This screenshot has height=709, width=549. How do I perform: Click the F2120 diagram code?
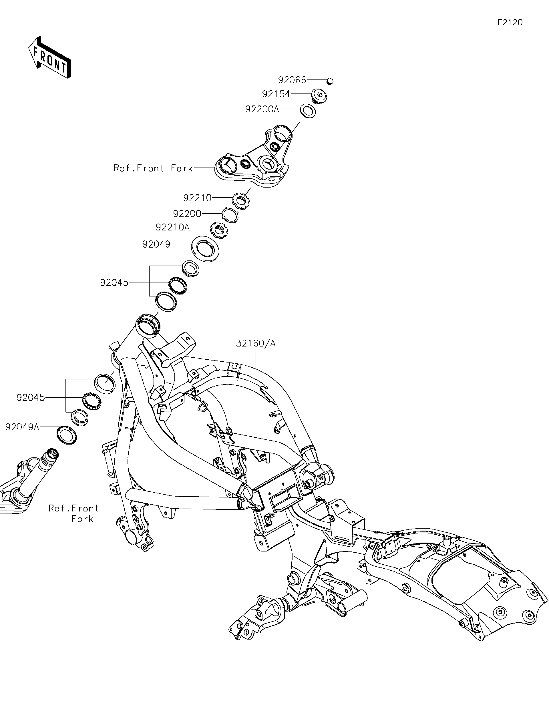[x=510, y=22]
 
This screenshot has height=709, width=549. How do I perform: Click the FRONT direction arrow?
[x=50, y=57]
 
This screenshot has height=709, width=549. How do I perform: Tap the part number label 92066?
[x=292, y=80]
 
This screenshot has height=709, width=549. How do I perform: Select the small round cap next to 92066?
[x=330, y=81]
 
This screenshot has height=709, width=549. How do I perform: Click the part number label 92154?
[x=276, y=94]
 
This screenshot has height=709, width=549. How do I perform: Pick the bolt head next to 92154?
[x=319, y=95]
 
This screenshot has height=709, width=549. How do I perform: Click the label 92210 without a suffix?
[x=197, y=198]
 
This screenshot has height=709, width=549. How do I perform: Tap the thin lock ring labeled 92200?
[x=230, y=215]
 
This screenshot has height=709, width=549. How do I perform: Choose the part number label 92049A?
[x=22, y=427]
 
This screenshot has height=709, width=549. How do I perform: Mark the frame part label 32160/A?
[x=256, y=343]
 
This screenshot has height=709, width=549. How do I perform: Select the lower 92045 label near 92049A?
[x=31, y=397]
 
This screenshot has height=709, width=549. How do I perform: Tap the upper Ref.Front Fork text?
[x=153, y=168]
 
